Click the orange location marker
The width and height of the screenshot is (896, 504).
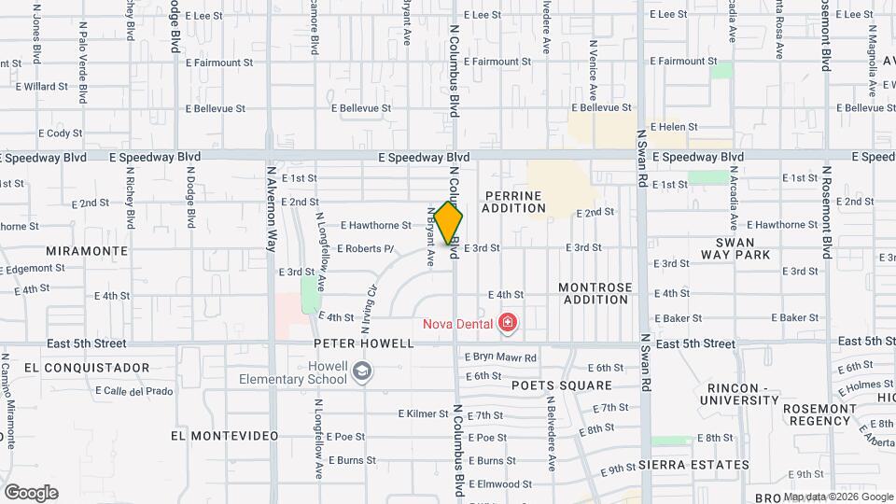coord(449,222)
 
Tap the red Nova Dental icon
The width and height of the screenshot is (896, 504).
coord(508,323)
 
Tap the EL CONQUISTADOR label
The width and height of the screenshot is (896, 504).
coord(88,367)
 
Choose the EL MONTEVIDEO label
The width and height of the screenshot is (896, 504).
coord(225,436)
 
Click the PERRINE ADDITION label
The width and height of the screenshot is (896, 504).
coord(513,202)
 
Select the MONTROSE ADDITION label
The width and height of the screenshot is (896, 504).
coord(595,293)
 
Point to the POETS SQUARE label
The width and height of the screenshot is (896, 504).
coord(561,385)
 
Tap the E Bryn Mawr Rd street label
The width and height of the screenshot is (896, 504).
coord(501,357)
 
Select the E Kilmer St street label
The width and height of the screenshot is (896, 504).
coord(424,413)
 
